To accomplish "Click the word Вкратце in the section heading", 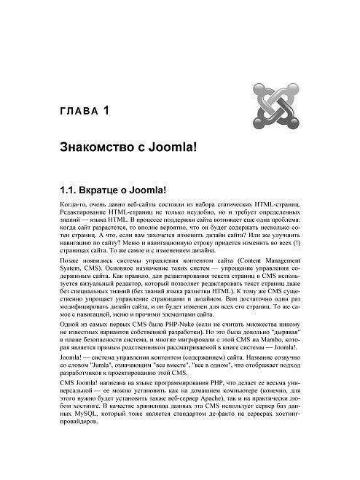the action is (109, 190).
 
